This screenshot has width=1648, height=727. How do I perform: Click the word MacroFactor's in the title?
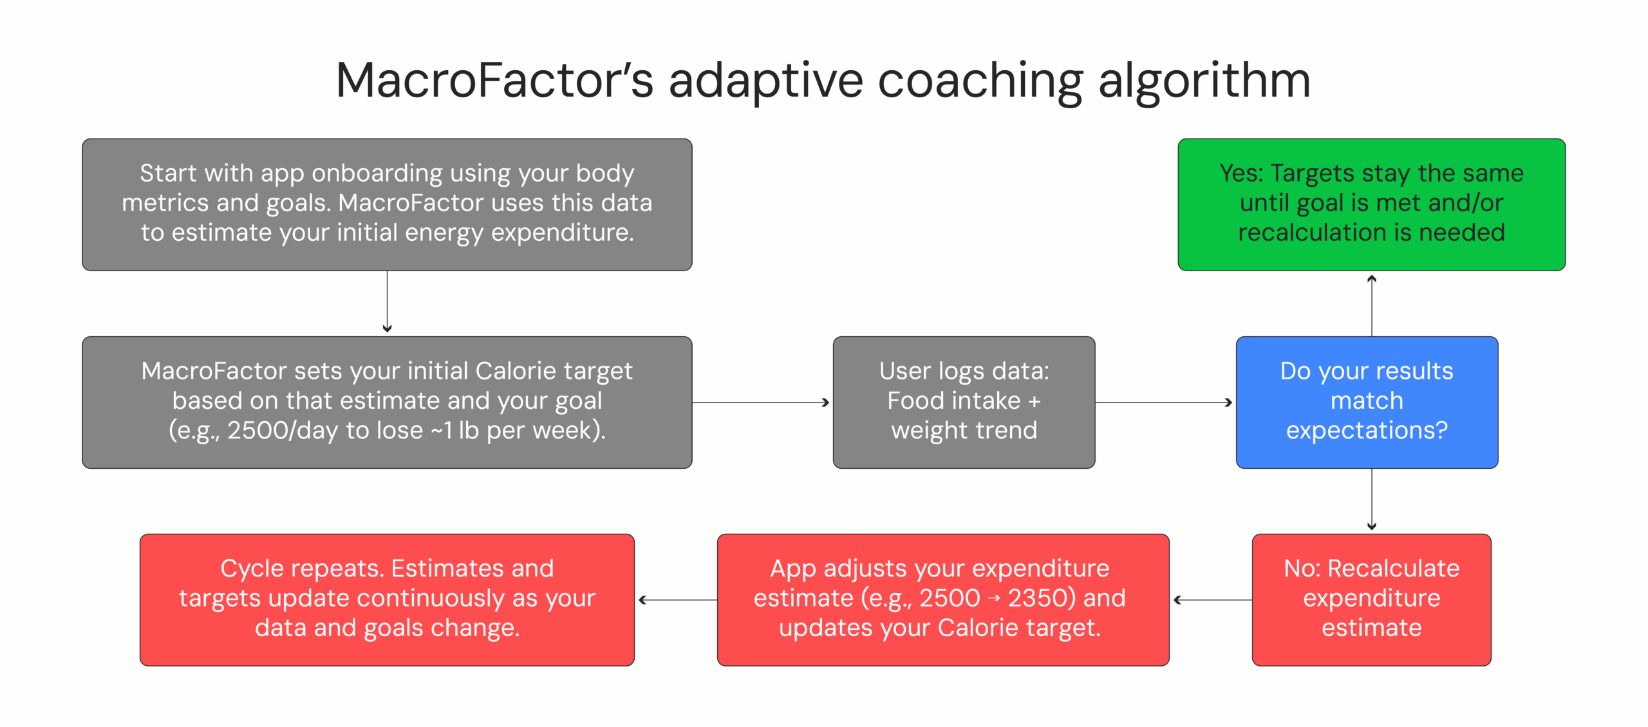click(494, 80)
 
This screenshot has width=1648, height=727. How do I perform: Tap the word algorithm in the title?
click(1204, 80)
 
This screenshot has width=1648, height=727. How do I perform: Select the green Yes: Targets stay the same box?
click(1371, 204)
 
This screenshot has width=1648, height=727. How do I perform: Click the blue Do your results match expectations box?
click(1367, 402)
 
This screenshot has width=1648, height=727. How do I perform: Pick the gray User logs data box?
click(964, 402)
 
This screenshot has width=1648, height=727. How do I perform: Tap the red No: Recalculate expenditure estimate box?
click(1371, 600)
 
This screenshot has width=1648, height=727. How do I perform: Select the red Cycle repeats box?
click(387, 600)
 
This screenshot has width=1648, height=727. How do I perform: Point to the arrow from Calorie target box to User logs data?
click(761, 402)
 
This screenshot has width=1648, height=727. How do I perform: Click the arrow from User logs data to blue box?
click(1164, 402)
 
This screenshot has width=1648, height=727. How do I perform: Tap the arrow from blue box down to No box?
click(1372, 499)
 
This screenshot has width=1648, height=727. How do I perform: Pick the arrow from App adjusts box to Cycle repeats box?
click(676, 600)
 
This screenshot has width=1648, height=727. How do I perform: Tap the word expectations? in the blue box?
click(1367, 430)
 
